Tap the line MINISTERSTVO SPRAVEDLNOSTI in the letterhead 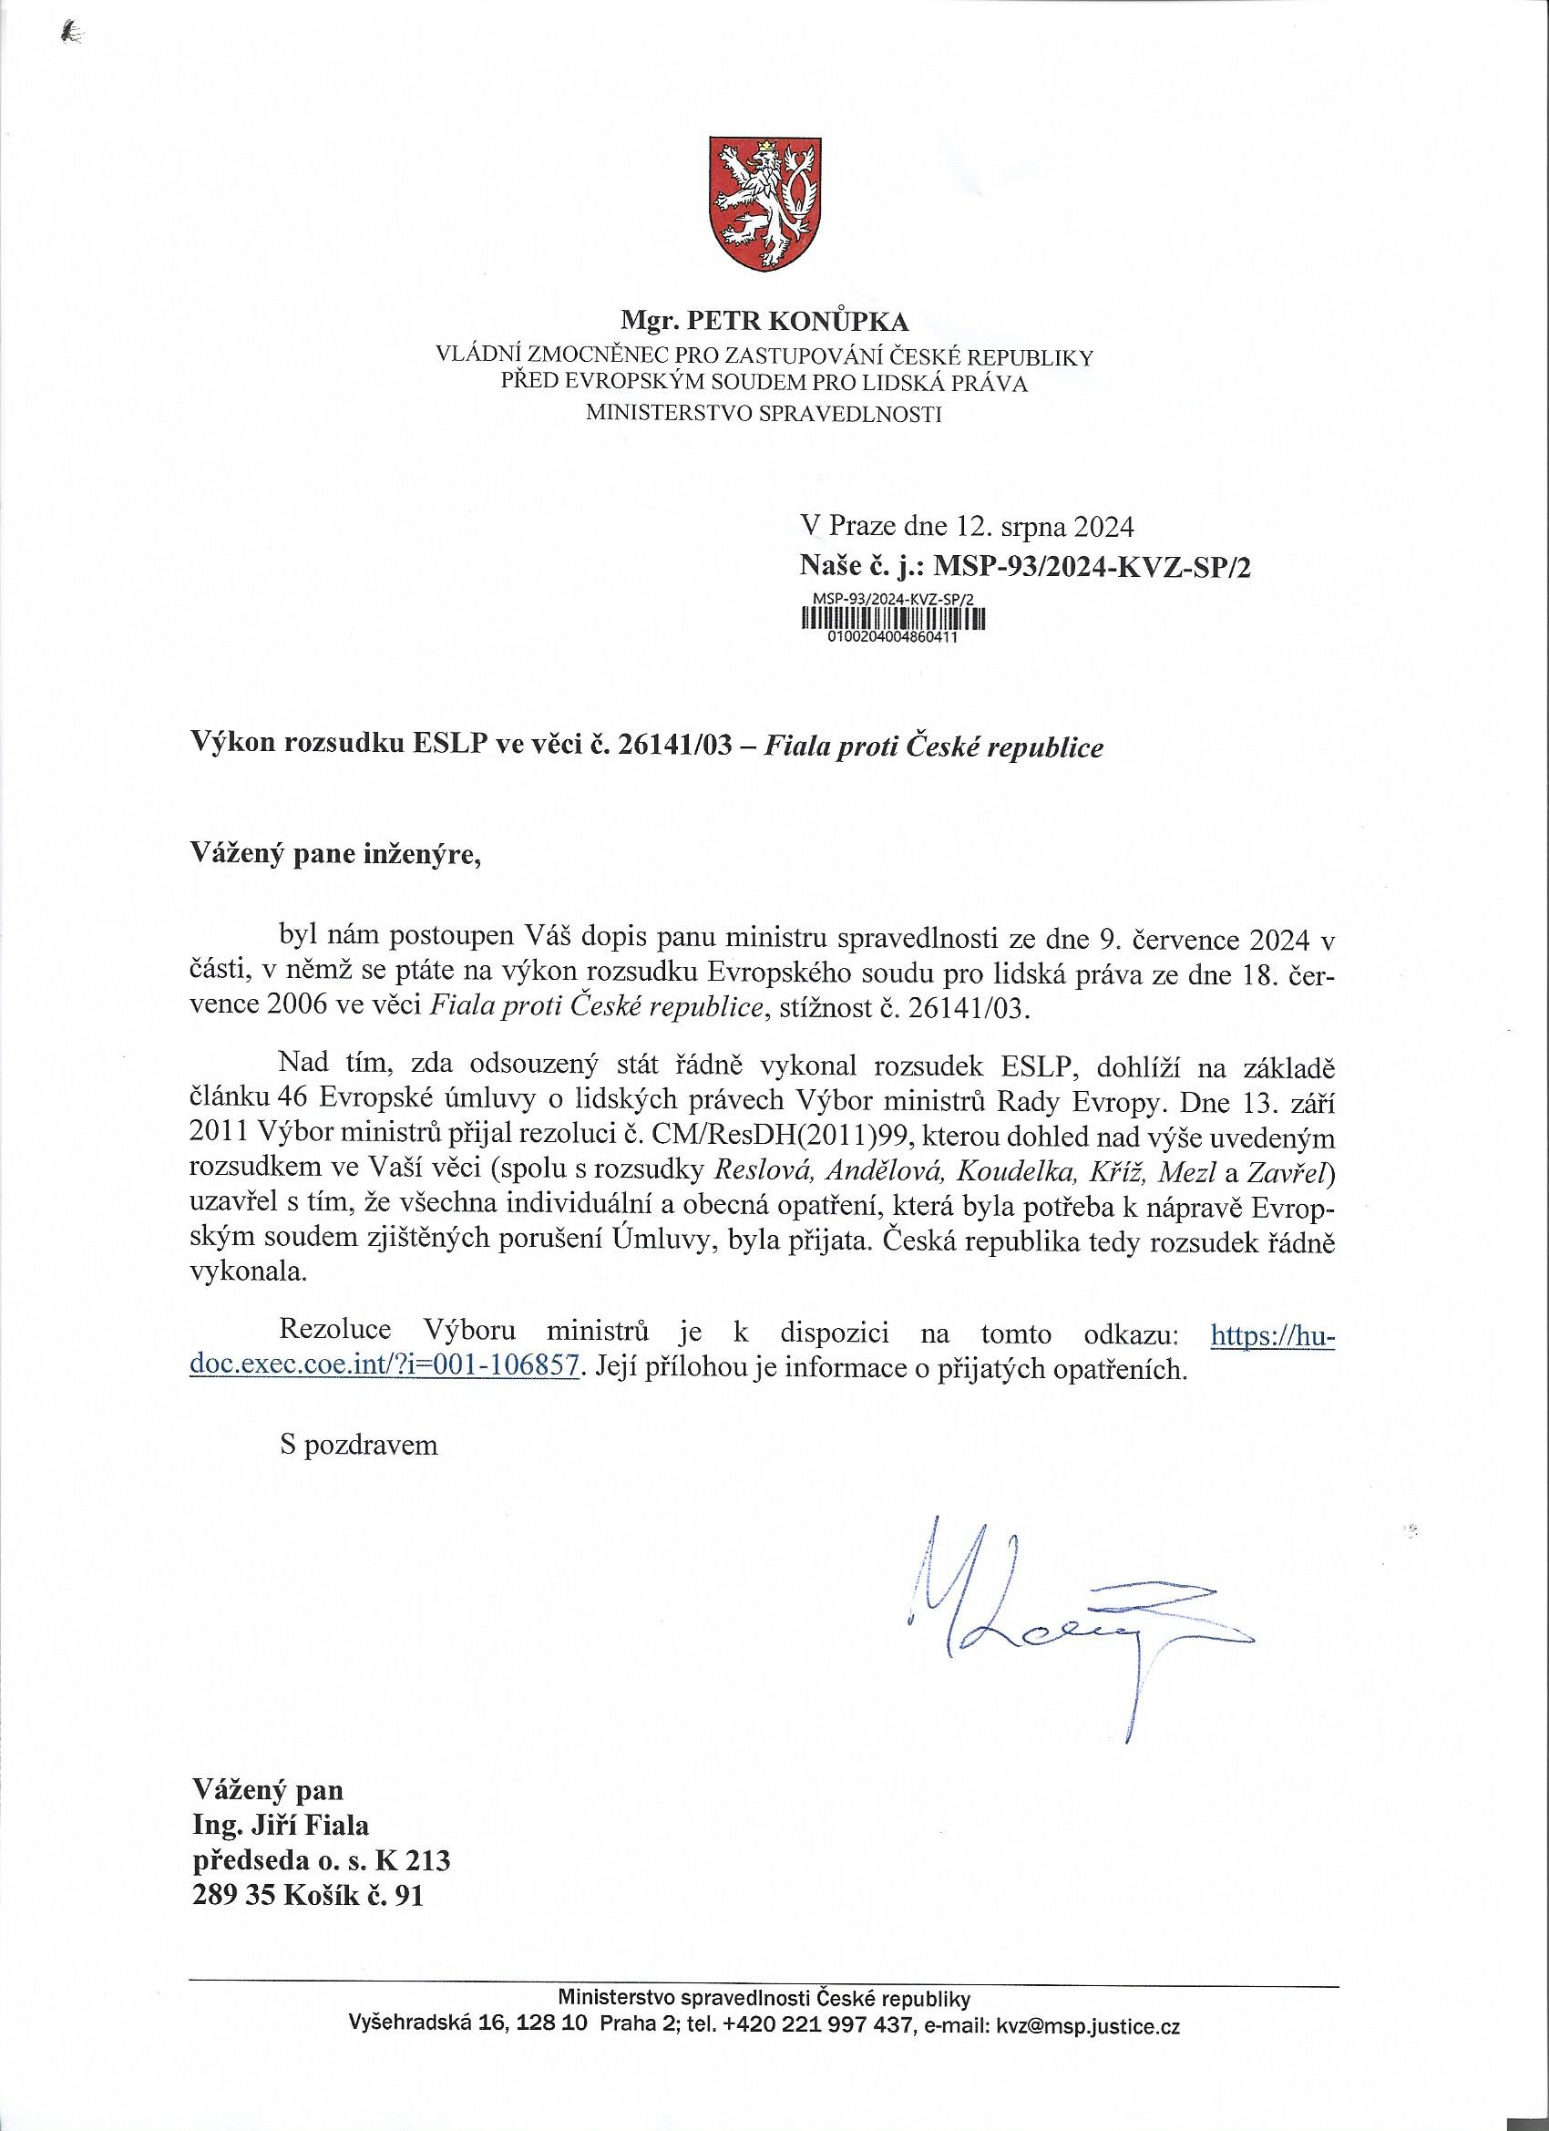(763, 413)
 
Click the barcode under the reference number (892, 618)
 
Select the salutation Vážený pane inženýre (335, 854)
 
